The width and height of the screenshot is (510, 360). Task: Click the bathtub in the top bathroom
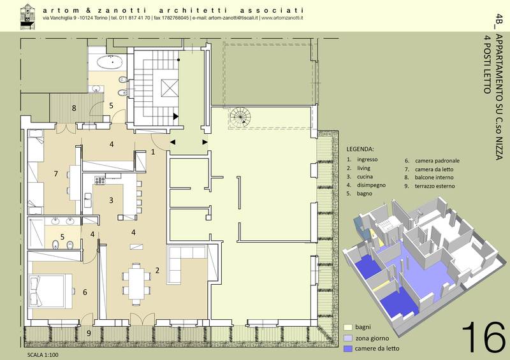pos(110,62)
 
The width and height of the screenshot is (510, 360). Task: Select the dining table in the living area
pos(136,284)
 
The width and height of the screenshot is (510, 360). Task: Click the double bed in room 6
pos(50,291)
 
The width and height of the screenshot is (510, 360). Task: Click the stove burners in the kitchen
pos(100,180)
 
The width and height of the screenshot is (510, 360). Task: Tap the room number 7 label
pos(56,174)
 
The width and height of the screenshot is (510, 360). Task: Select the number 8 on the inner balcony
pos(74,108)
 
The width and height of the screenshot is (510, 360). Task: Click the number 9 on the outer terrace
pos(89,333)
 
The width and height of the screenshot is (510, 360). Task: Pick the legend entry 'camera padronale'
pos(437,161)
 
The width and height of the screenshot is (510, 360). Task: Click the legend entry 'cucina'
pos(365,176)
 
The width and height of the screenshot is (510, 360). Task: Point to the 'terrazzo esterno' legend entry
pos(435,186)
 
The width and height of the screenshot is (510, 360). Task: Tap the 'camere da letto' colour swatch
pos(348,349)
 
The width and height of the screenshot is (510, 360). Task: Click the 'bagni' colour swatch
pos(348,327)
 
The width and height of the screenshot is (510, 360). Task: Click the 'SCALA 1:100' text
pos(43,355)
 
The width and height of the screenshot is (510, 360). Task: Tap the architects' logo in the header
pos(27,17)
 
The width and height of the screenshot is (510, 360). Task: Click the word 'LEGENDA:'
pos(360,149)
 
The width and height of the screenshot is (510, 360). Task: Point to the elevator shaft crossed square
pos(170,88)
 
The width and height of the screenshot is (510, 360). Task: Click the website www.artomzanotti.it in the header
pos(282,18)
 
